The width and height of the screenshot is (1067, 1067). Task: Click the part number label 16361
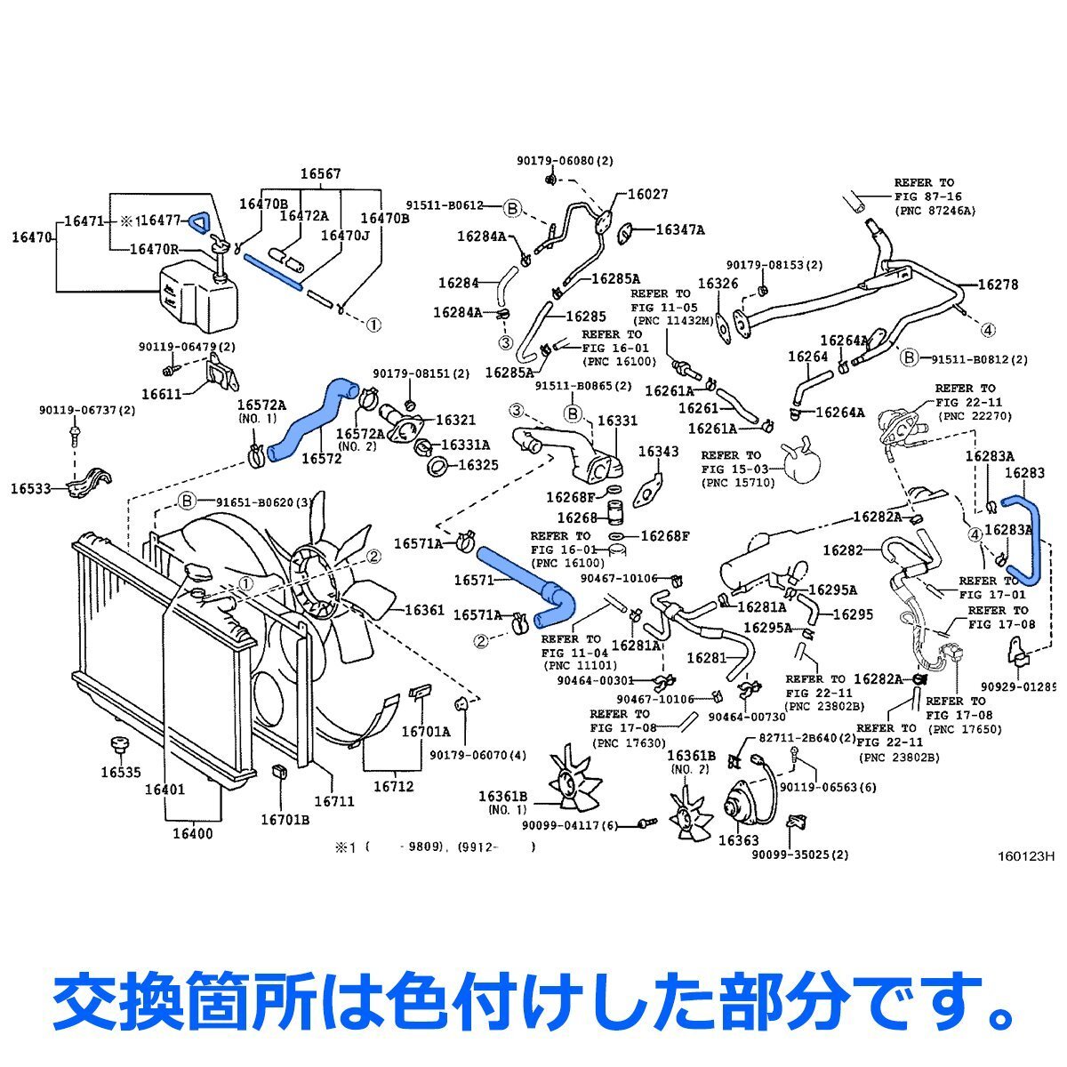click(424, 610)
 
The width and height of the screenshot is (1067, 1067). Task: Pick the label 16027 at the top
click(647, 194)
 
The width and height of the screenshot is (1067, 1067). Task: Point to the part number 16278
click(998, 285)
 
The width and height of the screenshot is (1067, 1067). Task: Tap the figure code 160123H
click(1024, 857)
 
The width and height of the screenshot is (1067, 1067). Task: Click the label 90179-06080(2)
click(566, 161)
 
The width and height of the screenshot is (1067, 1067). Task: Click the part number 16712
click(393, 786)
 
